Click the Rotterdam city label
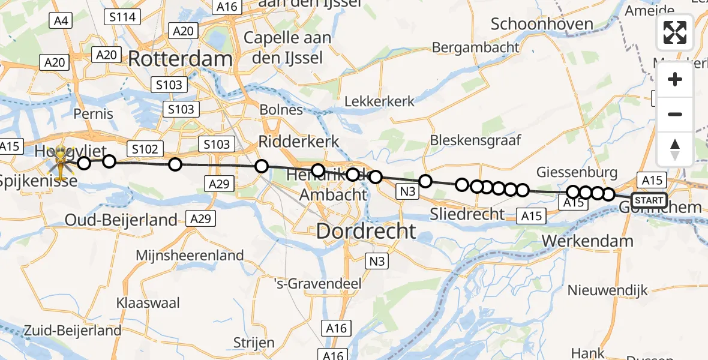[180, 59]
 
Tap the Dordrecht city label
[366, 231]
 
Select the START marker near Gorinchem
[649, 200]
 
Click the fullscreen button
[675, 32]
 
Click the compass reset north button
[675, 149]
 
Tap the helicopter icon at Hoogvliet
[61, 160]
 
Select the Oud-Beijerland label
[130, 220]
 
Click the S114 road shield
[122, 17]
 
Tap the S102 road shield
[143, 149]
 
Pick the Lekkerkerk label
[379, 101]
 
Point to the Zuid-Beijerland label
[73, 330]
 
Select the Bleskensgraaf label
[476, 140]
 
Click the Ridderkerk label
[299, 142]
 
